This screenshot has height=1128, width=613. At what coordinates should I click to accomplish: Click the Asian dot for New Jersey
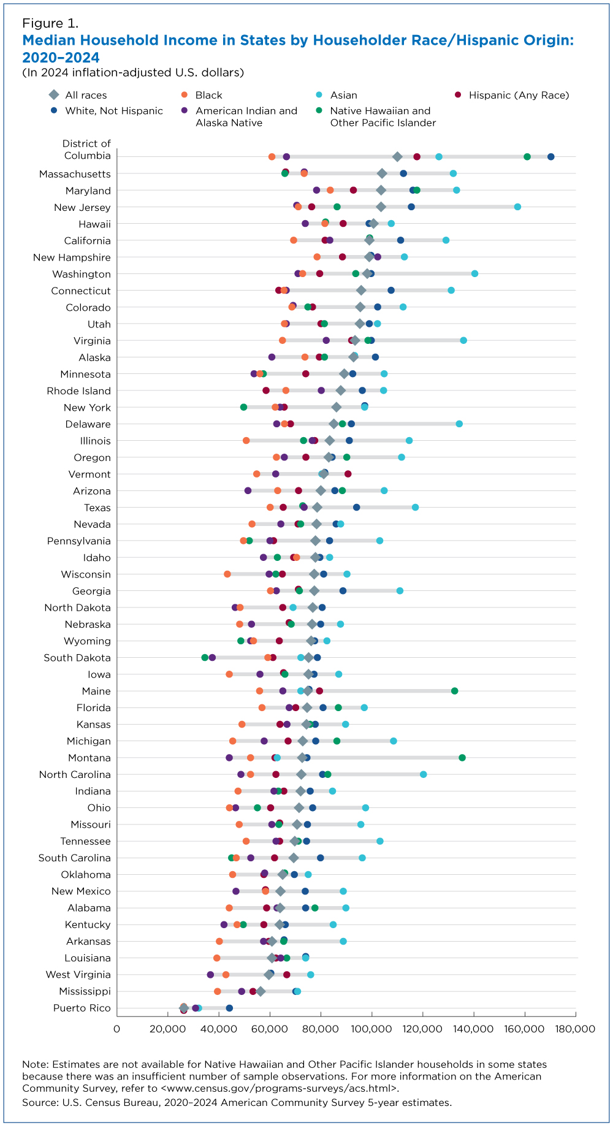(517, 207)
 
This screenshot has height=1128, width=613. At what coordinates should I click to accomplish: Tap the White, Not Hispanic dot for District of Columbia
(550, 157)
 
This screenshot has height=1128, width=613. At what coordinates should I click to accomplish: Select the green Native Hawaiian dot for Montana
(462, 758)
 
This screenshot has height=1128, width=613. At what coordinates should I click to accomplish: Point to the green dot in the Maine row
(454, 691)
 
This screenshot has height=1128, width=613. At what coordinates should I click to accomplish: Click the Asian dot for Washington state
(474, 273)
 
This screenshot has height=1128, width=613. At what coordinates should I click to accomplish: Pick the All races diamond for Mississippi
(261, 991)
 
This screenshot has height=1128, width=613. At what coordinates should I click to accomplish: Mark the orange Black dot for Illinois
(246, 441)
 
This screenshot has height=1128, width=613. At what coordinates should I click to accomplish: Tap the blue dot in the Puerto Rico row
(229, 1008)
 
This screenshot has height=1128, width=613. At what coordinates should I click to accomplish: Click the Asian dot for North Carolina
(423, 774)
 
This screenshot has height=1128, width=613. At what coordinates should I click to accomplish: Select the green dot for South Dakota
(205, 657)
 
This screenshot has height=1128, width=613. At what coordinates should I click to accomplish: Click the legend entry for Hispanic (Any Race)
(519, 95)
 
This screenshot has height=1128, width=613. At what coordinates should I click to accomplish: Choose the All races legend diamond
(54, 95)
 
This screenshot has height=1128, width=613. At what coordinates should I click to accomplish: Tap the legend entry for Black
(208, 95)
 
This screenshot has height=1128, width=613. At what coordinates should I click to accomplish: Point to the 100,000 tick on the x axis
(371, 1028)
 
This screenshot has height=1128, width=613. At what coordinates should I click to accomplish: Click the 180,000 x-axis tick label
(575, 1028)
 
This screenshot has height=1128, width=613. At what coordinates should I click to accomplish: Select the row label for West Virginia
(78, 975)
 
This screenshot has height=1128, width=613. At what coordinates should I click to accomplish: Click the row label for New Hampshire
(72, 257)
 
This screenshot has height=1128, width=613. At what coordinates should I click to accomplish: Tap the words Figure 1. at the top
(50, 24)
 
